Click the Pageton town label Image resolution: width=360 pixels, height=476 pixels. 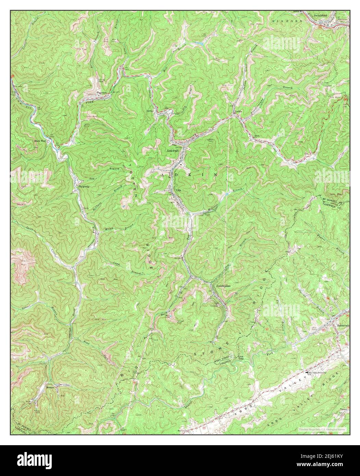coord(102,92)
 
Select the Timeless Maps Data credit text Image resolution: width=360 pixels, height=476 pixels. coord(322,429)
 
